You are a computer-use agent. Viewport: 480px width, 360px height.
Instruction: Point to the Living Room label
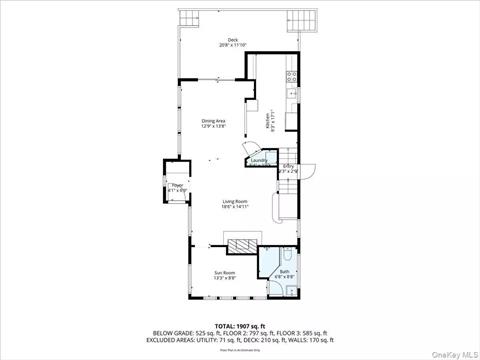[x=235, y=201]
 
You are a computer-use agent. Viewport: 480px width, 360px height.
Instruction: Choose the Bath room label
[x=284, y=271]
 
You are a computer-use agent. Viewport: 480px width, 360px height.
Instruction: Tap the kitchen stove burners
[x=291, y=76]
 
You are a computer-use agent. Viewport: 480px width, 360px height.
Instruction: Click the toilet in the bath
[x=287, y=289]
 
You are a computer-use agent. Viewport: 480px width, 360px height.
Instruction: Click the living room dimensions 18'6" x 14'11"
[x=235, y=206]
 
